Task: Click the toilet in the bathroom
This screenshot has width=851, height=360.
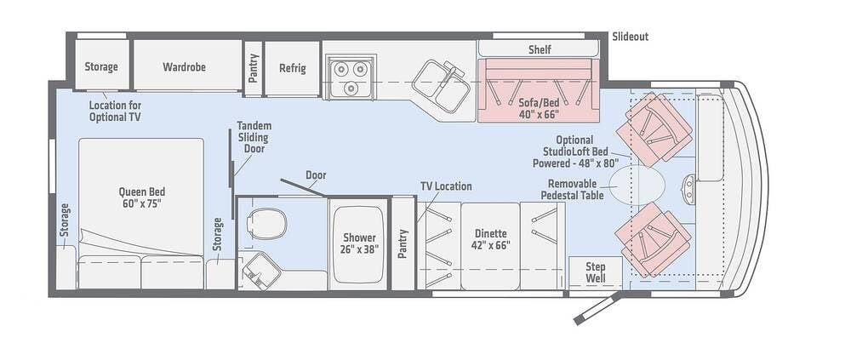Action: [266, 223]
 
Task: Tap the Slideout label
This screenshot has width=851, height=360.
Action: [630, 37]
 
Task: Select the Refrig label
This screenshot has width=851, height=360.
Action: [293, 68]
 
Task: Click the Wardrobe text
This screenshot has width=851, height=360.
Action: [184, 66]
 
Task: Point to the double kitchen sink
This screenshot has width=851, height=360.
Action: [441, 86]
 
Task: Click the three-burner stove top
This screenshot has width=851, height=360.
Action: [350, 77]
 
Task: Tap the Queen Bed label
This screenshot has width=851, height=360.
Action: [141, 197]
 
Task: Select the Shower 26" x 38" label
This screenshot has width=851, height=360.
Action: [360, 243]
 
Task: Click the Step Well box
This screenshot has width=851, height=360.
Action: [596, 272]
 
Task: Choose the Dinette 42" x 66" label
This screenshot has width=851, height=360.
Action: [491, 239]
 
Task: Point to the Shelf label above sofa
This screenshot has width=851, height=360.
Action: [540, 49]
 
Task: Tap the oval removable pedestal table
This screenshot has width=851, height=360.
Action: [637, 185]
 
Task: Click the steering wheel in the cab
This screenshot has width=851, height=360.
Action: [688, 188]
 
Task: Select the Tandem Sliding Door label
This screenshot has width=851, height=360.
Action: [254, 136]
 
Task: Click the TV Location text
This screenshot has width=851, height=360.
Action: [446, 186]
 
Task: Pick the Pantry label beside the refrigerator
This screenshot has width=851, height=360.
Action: [253, 68]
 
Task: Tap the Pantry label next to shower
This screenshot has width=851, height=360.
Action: [403, 243]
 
